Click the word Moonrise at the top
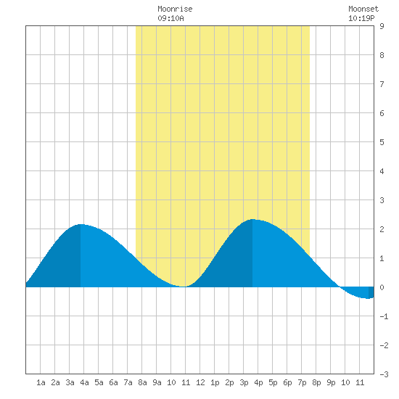[175, 9]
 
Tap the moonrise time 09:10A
[170, 18]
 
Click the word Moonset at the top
[363, 9]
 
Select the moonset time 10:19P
[361, 18]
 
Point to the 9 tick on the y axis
[382, 26]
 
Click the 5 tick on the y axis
[382, 142]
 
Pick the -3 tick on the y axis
[384, 374]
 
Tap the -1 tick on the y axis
[384, 316]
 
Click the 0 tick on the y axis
[382, 287]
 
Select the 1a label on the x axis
[41, 382]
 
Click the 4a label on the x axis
[84, 382]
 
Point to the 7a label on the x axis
[128, 382]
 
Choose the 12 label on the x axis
[200, 382]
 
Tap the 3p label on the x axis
[244, 382]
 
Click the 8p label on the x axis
[316, 382]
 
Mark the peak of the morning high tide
[81, 224]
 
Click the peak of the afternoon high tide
[252, 219]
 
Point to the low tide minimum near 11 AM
[184, 287]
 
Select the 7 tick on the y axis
[382, 84]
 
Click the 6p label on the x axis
[287, 382]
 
